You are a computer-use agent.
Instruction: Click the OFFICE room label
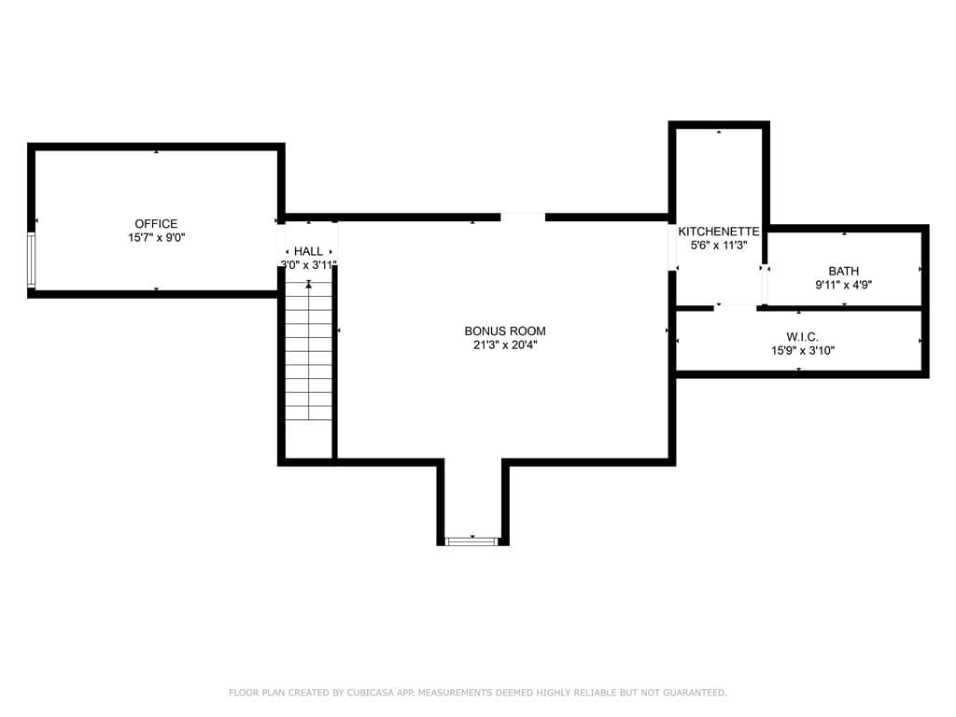tap(156, 224)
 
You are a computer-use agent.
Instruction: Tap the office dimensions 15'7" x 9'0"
tap(156, 238)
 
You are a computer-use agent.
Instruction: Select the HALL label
tap(308, 251)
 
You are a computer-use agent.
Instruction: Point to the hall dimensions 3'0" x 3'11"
tap(308, 264)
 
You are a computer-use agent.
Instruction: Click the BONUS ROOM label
tap(505, 331)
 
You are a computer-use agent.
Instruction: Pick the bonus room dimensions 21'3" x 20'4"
tap(505, 345)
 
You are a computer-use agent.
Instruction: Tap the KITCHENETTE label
tap(719, 232)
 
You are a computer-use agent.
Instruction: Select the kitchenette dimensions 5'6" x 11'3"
tap(719, 246)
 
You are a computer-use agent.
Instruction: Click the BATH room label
tap(844, 271)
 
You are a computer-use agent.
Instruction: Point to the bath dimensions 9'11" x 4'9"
tap(844, 285)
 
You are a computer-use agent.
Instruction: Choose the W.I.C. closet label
tap(802, 336)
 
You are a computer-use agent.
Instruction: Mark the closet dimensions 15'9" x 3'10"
tap(802, 351)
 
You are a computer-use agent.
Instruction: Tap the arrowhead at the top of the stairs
tap(308, 284)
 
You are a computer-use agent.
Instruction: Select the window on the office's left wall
tap(31, 260)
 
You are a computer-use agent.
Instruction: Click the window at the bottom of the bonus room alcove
tap(472, 541)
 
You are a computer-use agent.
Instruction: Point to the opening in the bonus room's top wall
tap(523, 217)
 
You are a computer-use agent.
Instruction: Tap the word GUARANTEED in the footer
tap(695, 693)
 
